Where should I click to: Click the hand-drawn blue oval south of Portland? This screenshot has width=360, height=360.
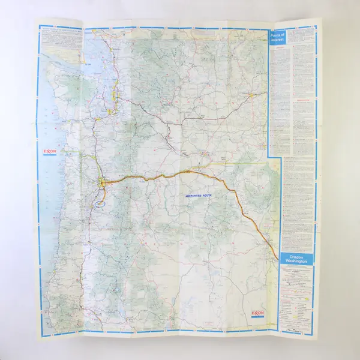(x=100, y=202)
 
